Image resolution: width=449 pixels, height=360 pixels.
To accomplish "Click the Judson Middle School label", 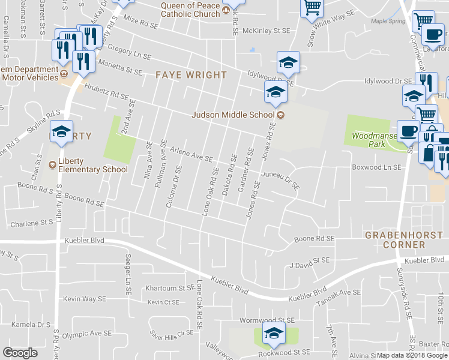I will pos(233,115).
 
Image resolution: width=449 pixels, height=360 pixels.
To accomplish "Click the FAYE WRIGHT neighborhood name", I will pos(191,75).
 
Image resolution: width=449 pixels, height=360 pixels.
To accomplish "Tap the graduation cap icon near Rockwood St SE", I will pos(273,334).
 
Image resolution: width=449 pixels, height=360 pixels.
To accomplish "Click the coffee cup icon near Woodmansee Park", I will pos(409,130).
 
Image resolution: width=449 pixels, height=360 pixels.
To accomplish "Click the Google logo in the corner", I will pos(20,353).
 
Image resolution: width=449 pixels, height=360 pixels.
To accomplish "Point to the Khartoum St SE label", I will pos(168,288).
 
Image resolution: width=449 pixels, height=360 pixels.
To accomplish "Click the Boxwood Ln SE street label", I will pos(376,168).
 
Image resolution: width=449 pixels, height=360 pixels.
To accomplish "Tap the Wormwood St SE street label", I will pos(267,321).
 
